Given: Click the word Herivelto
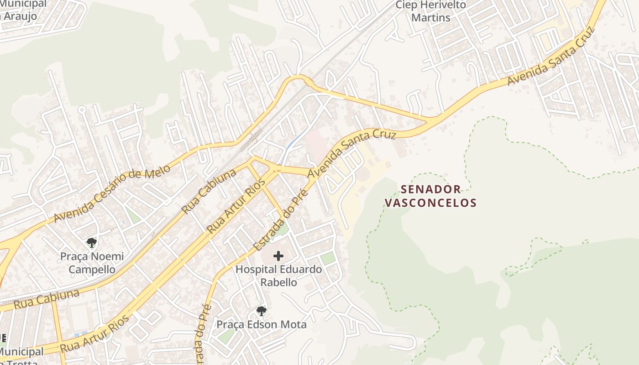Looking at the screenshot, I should pyautogui.click(x=442, y=5).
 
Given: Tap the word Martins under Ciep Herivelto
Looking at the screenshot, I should pyautogui.click(x=431, y=18).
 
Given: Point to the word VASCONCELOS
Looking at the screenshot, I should pyautogui.click(x=430, y=203).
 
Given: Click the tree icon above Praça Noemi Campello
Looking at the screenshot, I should pyautogui.click(x=92, y=242).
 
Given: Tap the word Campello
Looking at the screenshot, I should pyautogui.click(x=92, y=269).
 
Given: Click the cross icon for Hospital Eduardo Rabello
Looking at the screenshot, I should pyautogui.click(x=278, y=256).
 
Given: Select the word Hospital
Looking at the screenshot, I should pyautogui.click(x=256, y=269).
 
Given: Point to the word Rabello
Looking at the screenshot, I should pyautogui.click(x=278, y=282).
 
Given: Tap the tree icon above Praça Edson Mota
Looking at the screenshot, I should pyautogui.click(x=261, y=311).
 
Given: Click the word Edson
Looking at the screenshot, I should pyautogui.click(x=260, y=324).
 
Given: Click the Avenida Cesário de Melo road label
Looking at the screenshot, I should pyautogui.click(x=111, y=193).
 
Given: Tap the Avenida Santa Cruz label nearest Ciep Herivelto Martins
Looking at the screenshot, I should pyautogui.click(x=551, y=57).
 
